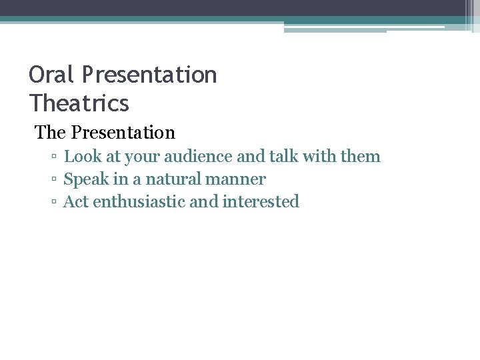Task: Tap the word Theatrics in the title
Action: (79, 103)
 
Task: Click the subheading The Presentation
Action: (105, 133)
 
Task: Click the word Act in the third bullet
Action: (75, 202)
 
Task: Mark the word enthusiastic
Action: (139, 202)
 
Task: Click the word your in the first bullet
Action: (142, 157)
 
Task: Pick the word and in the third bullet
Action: (204, 202)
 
